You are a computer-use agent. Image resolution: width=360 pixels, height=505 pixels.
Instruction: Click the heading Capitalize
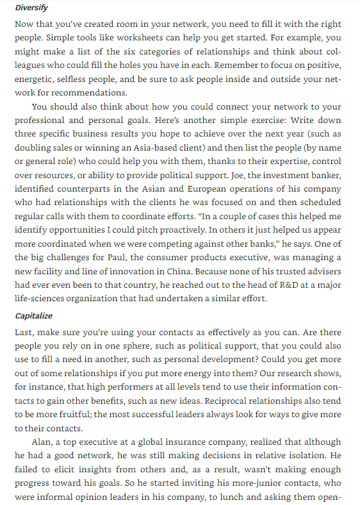(x=33, y=316)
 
